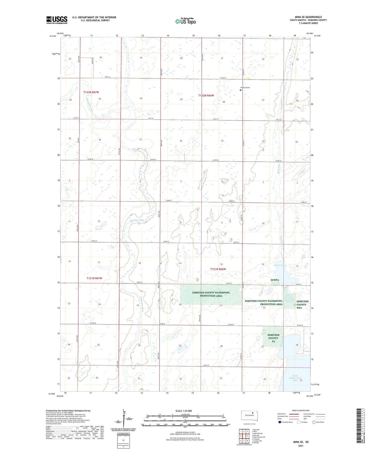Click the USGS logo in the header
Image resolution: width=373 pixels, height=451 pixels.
tap(57, 20)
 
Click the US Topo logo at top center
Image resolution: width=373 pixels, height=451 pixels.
tap(185, 21)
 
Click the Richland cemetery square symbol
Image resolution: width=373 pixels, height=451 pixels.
tap(241, 90)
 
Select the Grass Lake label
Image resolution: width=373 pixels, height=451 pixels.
tap(280, 265)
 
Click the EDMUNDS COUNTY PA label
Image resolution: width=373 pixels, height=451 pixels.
tap(273, 338)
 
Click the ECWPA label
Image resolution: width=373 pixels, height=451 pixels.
tap(275, 280)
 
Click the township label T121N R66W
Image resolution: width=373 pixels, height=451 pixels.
tap(218, 269)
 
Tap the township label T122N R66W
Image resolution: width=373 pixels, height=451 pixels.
tap(206, 95)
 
